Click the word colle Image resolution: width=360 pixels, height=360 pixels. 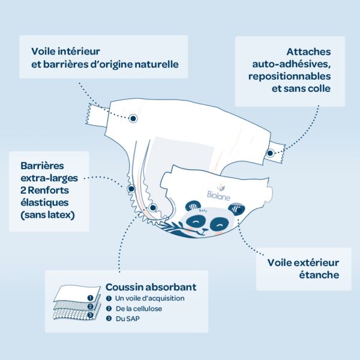click(317, 89)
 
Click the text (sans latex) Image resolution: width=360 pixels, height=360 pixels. click(47, 215)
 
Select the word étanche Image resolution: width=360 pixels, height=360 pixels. click(320, 275)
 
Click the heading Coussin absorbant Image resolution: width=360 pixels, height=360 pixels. click(151, 287)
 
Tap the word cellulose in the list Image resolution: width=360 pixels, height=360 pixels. click(148, 309)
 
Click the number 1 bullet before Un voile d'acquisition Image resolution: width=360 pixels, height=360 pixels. click(109, 298)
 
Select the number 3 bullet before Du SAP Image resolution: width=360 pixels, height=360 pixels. click(109, 320)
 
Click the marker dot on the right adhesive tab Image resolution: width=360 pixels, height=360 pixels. click(270, 154)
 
